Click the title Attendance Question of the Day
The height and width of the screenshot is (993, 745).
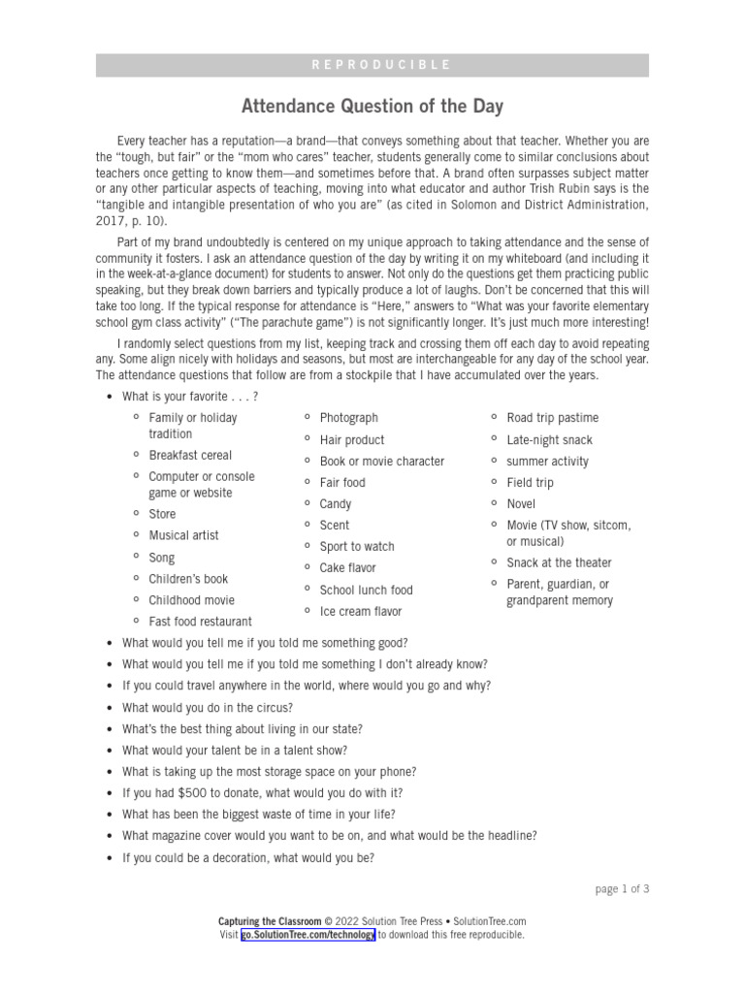pyautogui.click(x=372, y=106)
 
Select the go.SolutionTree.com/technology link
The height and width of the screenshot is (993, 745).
pyautogui.click(x=308, y=935)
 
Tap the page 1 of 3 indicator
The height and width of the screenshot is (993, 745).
pyautogui.click(x=621, y=888)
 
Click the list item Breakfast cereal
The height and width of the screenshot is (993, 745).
pyautogui.click(x=190, y=455)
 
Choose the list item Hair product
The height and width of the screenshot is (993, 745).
pyautogui.click(x=352, y=439)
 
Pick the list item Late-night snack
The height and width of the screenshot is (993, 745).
pyautogui.click(x=549, y=439)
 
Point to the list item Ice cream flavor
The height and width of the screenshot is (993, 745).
pyautogui.click(x=360, y=611)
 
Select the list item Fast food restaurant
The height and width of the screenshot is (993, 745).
pyautogui.click(x=200, y=621)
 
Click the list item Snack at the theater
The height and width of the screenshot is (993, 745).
pyautogui.click(x=559, y=562)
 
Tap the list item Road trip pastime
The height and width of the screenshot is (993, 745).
pyautogui.click(x=552, y=418)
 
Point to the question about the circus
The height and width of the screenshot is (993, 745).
pyautogui.click(x=208, y=708)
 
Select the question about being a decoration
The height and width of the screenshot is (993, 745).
pyautogui.click(x=248, y=857)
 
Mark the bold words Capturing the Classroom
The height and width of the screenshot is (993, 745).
pyautogui.click(x=270, y=921)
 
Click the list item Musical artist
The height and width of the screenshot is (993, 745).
pyautogui.click(x=183, y=535)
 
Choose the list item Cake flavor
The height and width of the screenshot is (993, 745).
pyautogui.click(x=347, y=567)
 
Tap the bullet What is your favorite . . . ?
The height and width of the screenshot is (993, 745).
pyautogui.click(x=190, y=397)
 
